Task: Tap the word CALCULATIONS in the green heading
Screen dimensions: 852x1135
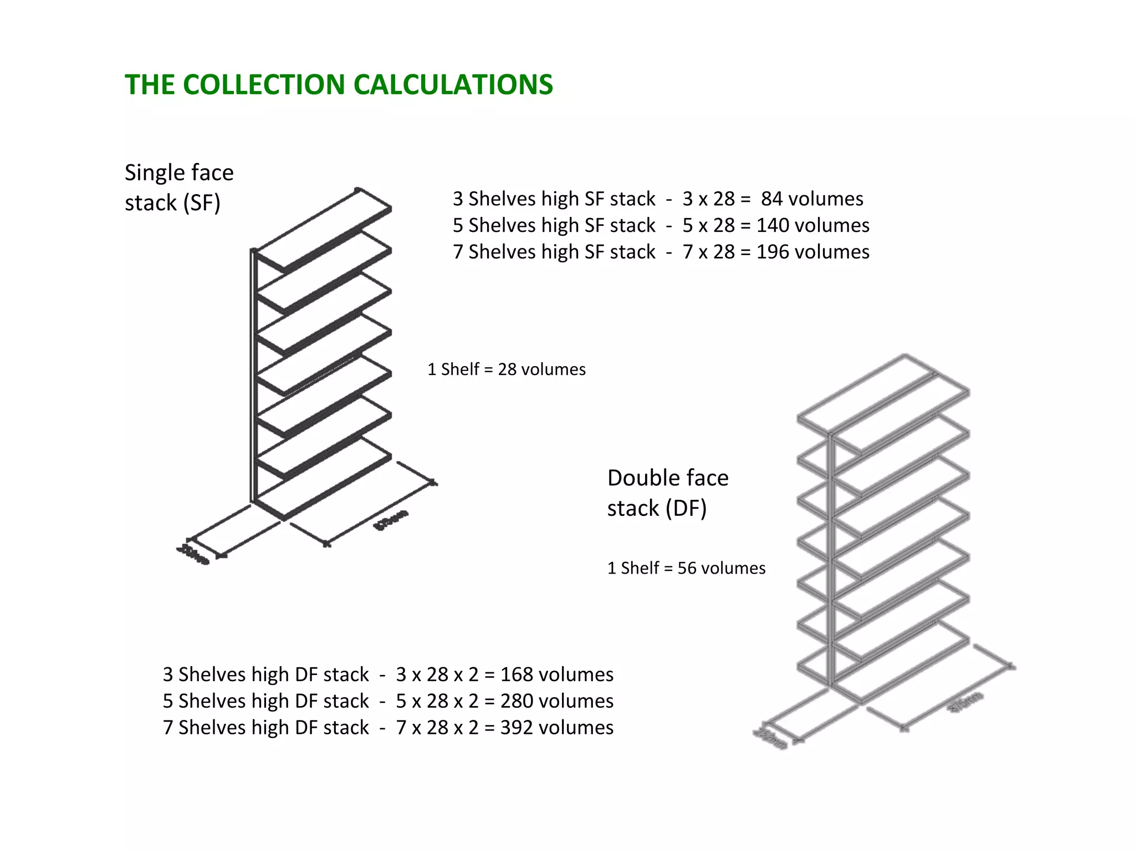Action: tap(453, 85)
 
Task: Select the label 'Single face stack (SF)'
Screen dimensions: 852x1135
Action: tap(179, 187)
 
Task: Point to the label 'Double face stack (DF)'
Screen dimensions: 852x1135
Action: tap(668, 493)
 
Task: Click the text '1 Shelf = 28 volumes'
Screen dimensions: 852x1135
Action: tap(506, 369)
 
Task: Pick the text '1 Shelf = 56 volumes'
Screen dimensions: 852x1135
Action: tap(686, 568)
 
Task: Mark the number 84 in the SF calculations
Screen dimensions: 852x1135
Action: tap(771, 199)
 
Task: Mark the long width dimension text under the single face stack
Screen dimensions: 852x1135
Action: tap(392, 520)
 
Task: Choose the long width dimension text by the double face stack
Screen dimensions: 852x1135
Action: tap(967, 701)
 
